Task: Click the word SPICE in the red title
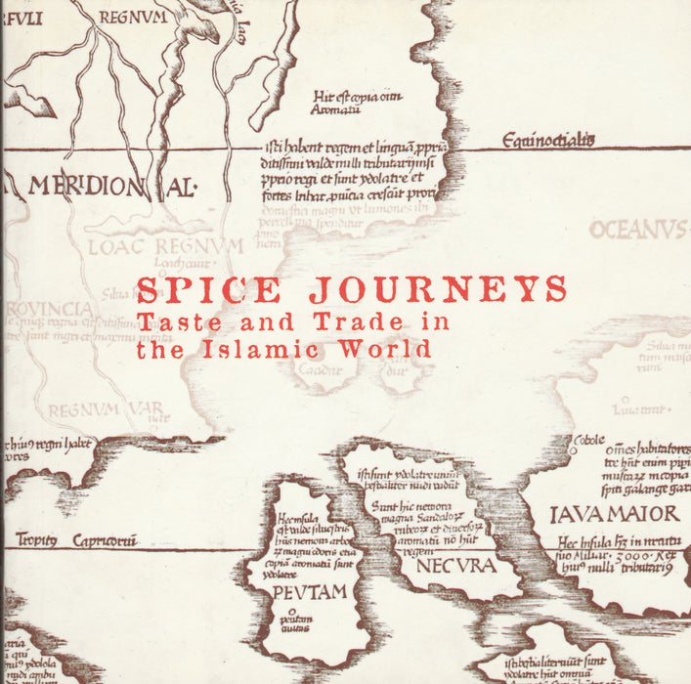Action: pyautogui.click(x=207, y=291)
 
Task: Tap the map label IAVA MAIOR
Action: pyautogui.click(x=615, y=514)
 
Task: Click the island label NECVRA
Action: pyautogui.click(x=454, y=565)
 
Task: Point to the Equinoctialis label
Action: pyautogui.click(x=548, y=142)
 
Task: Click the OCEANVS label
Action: pyautogui.click(x=637, y=231)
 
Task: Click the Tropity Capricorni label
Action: pyautogui.click(x=68, y=541)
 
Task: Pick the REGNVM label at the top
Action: pyautogui.click(x=132, y=17)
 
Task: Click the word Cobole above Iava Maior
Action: pyautogui.click(x=590, y=441)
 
